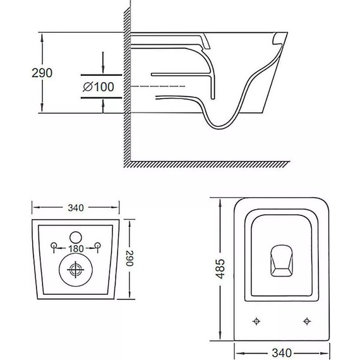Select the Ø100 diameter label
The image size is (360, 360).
click(99, 87)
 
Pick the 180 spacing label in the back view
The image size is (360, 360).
click(76, 249)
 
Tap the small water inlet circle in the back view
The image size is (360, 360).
click(76, 237)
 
